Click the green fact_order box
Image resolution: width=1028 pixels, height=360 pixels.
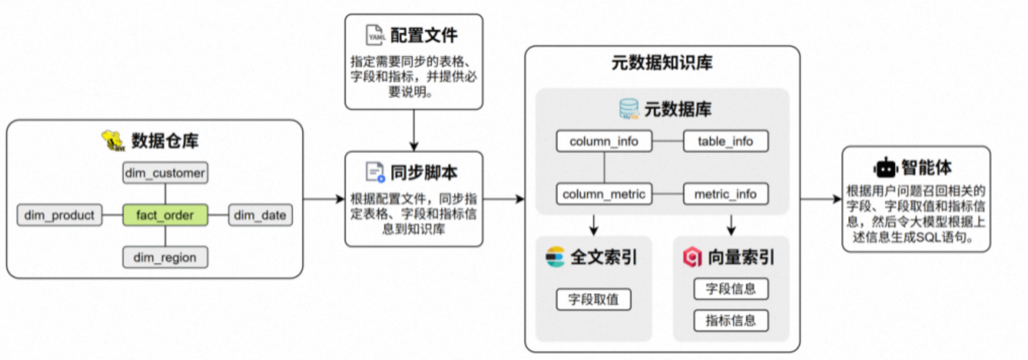(165, 215)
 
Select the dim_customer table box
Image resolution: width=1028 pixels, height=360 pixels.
(165, 173)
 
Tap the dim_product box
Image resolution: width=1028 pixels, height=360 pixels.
(59, 215)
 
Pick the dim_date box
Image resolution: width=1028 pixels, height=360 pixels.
(260, 215)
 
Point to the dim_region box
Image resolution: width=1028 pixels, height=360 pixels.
(165, 257)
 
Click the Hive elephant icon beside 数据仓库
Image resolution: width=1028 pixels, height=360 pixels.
(113, 140)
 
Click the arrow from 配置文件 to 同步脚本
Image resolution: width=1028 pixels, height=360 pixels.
(414, 130)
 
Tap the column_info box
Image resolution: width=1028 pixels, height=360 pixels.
(604, 141)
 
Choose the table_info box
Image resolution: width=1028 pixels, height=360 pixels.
(725, 141)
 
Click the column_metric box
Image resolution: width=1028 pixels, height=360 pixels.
(604, 194)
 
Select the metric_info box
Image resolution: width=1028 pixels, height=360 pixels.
(725, 194)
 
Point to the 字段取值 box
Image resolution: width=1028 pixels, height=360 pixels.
(593, 299)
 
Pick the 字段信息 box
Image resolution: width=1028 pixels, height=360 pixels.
(730, 289)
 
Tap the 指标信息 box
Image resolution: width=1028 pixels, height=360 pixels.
(730, 320)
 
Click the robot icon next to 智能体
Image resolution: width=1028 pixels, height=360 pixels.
(885, 167)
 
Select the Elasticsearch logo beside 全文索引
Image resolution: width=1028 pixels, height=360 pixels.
(555, 257)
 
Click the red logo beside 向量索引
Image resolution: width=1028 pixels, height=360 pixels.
(692, 257)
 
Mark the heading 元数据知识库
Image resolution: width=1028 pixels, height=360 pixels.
(662, 63)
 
